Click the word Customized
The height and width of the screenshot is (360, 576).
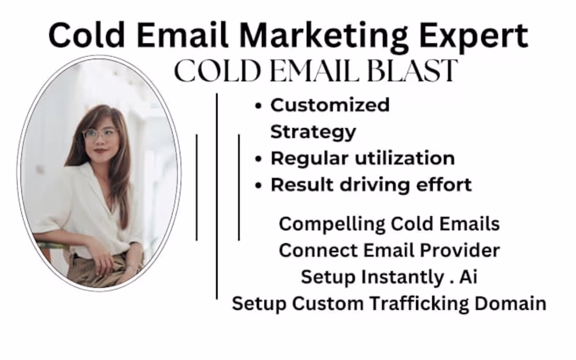coord(330,105)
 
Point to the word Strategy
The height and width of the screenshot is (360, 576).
coord(313,132)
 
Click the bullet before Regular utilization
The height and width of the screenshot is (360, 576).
coord(258,159)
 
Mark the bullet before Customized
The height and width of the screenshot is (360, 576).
coord(258,106)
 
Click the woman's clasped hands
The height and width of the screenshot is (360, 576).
coord(105,260)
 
